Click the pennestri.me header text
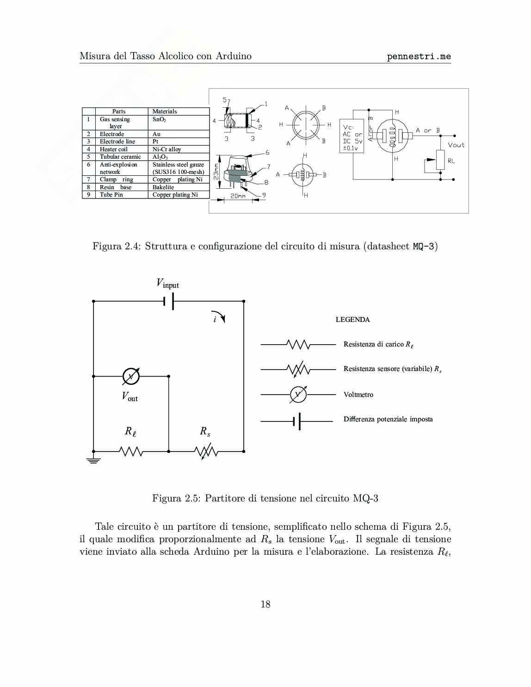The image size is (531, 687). pyautogui.click(x=419, y=56)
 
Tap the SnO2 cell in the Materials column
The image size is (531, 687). pyautogui.click(x=160, y=119)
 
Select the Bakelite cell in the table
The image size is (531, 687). pyautogui.click(x=163, y=187)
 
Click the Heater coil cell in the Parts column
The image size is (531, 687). pyautogui.click(x=114, y=149)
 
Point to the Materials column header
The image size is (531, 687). pyautogui.click(x=165, y=111)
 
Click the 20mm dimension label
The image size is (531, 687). pyautogui.click(x=238, y=196)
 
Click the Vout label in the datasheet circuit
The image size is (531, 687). pyautogui.click(x=456, y=145)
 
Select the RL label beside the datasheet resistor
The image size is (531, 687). pyautogui.click(x=451, y=161)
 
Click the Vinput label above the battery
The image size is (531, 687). pyautogui.click(x=167, y=284)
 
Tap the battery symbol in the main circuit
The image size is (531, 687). pyautogui.click(x=169, y=301)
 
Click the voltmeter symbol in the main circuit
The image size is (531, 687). pyautogui.click(x=131, y=377)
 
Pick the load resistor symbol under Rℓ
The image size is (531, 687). pyautogui.click(x=131, y=451)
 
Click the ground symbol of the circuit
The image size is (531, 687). pyautogui.click(x=93, y=460)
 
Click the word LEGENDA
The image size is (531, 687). pyautogui.click(x=352, y=320)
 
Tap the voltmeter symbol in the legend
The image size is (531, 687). pyautogui.click(x=298, y=395)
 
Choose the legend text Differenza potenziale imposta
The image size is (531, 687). pyautogui.click(x=388, y=419)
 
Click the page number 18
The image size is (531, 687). pyautogui.click(x=265, y=604)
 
